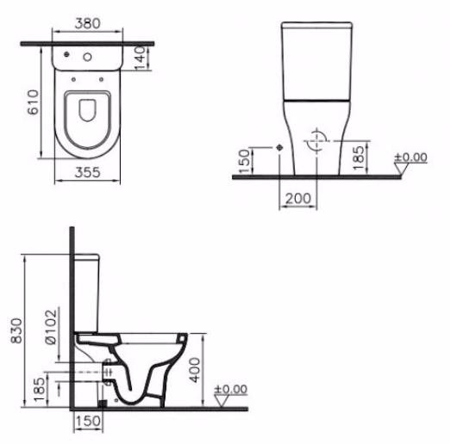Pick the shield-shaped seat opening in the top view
coord(89,111)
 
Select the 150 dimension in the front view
coord(244,160)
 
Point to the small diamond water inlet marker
coord(280,147)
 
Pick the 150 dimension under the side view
coord(87,422)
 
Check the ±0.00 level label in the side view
coord(229,389)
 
